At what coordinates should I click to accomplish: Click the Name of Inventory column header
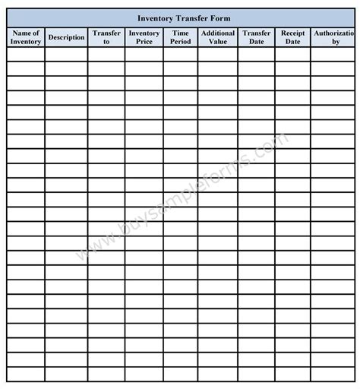27,37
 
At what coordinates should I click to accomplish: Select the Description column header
66,37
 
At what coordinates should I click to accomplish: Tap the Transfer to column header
106,37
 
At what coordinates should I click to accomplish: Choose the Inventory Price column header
144,37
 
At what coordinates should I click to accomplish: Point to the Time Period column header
181,37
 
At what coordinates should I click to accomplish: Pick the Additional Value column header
218,37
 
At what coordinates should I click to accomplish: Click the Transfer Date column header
257,37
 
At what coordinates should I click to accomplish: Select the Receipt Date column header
292,37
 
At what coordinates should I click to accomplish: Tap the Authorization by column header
334,37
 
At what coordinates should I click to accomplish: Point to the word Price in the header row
144,42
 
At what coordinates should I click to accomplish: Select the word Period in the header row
181,42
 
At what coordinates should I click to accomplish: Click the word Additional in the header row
218,33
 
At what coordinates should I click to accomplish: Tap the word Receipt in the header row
292,33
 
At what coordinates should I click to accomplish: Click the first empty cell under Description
66,54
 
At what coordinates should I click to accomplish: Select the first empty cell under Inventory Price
144,54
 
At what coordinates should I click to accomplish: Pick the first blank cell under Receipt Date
292,54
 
